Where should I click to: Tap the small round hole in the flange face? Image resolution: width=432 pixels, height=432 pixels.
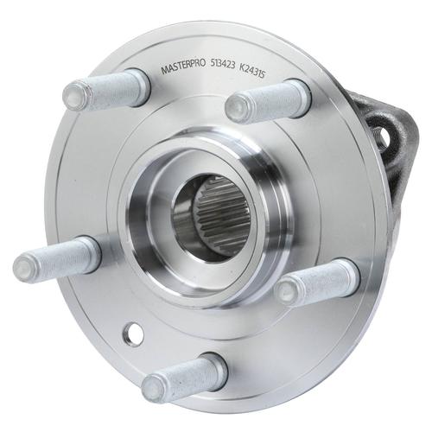click(133, 334)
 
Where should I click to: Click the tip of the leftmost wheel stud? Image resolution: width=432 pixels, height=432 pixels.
click(22, 267)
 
